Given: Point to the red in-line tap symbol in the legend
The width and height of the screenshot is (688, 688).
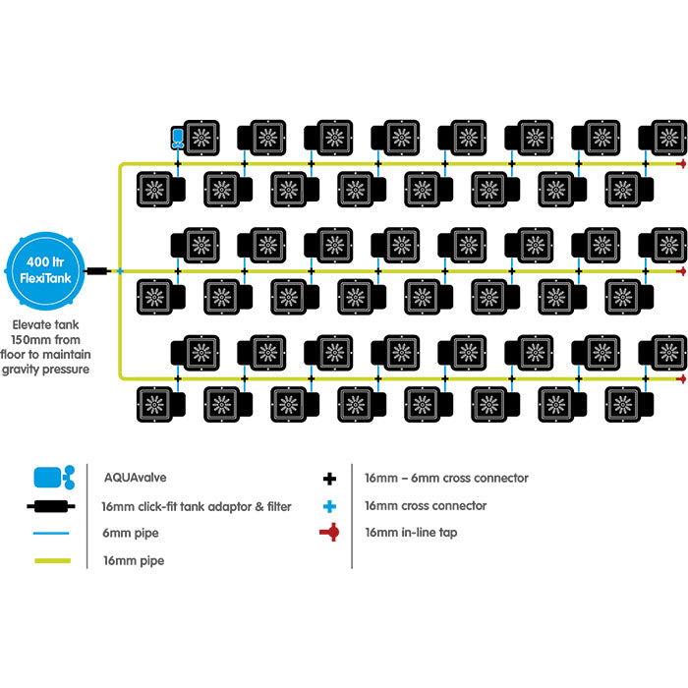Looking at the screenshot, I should tap(330, 533).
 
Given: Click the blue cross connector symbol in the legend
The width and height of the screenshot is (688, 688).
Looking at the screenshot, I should tap(330, 506).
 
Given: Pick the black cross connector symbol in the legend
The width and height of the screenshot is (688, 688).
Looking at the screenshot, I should tap(330, 479).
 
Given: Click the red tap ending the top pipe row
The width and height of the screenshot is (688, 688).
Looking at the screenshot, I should tap(681, 163).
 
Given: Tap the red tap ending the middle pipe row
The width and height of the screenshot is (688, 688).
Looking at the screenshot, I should tap(681, 270).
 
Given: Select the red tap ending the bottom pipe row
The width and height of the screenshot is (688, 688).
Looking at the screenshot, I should tap(681, 377).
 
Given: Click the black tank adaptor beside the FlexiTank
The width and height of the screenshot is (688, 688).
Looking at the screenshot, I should tap(97, 270).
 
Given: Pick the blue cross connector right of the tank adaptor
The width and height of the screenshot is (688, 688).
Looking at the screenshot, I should tap(120, 270).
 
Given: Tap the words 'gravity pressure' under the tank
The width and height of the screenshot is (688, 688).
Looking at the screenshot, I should tap(52, 370).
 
